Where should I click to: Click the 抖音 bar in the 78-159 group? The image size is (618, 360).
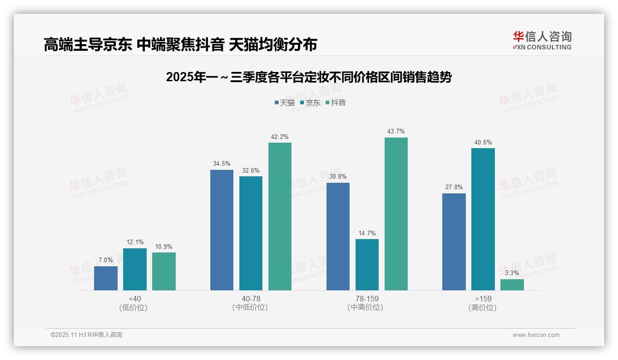[x=396, y=214]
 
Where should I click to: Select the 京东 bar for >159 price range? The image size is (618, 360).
[x=483, y=219]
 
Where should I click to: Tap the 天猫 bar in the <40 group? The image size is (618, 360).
[x=106, y=278]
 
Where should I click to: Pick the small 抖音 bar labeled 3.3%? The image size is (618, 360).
[x=512, y=285]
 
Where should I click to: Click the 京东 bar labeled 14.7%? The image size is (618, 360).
[x=367, y=264]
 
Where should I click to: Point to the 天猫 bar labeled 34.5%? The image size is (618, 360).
[x=222, y=230]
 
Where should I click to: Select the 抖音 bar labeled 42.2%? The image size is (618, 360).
[x=280, y=216]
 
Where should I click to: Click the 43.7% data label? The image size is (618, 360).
[x=396, y=132]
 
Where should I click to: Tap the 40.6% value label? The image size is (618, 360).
[x=483, y=142]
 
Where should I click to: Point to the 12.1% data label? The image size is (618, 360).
[x=135, y=242]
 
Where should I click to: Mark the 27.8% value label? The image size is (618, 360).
[x=454, y=187]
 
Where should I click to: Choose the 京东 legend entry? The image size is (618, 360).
[x=310, y=103]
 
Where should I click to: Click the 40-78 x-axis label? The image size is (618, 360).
[x=251, y=299]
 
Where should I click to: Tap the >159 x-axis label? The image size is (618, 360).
[x=482, y=299]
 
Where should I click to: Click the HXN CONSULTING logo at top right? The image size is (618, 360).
[x=542, y=41]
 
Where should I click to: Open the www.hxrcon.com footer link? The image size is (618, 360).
[x=536, y=335]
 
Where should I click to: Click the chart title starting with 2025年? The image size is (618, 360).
[x=309, y=77]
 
